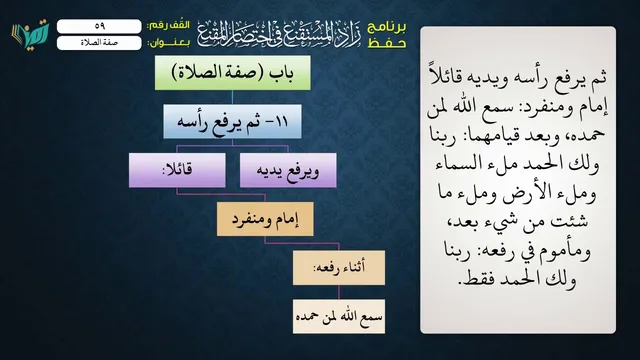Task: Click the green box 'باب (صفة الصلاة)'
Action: point(232,73)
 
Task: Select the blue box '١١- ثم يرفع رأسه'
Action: point(232,121)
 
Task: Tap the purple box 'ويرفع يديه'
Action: point(288,170)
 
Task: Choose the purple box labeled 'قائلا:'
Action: point(177,170)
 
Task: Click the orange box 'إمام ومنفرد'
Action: point(265,219)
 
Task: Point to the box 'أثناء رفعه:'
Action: point(339,268)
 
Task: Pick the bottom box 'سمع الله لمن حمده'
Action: point(339,316)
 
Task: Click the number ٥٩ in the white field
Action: point(100,26)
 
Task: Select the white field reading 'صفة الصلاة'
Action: point(99,43)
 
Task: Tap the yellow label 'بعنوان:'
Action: point(168,43)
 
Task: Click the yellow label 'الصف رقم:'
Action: point(168,25)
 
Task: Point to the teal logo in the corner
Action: point(30,34)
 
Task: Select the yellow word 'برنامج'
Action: point(387,27)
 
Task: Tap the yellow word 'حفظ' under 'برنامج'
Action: point(387,43)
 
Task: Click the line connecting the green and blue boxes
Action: point(232,97)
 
